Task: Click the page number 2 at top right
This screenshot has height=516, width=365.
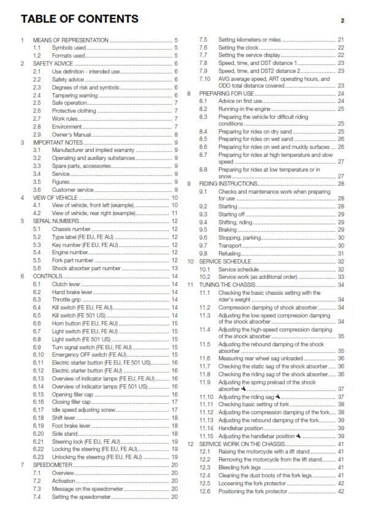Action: pyautogui.click(x=342, y=21)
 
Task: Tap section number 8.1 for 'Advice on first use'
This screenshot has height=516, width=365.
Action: pyautogui.click(x=203, y=101)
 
